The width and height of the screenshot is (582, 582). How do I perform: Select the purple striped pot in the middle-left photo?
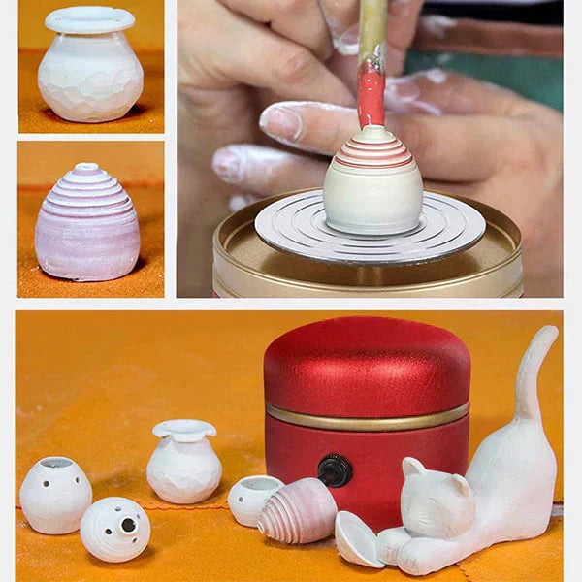[87, 228]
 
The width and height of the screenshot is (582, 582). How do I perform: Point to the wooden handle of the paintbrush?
[372, 29]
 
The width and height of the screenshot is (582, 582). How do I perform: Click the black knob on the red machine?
[335, 470]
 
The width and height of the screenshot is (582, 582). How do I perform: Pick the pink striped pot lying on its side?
[299, 511]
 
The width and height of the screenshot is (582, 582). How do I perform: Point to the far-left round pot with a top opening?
[55, 494]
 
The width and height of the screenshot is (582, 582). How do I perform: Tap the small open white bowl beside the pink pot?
[255, 499]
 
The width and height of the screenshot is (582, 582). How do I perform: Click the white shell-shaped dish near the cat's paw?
[357, 540]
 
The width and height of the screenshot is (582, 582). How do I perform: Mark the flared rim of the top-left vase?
[90, 19]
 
